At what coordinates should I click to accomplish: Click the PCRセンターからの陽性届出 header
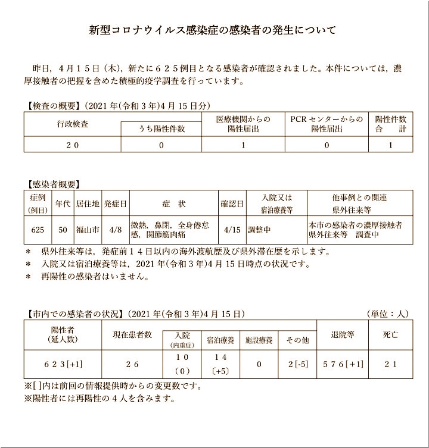point(326,124)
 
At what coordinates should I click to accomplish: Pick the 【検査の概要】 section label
point(53,105)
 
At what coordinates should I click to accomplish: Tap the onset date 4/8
point(115,230)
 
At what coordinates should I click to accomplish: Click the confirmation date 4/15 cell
point(232,230)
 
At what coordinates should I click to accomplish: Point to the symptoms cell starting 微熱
point(172,230)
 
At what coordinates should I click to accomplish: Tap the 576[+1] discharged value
point(342,363)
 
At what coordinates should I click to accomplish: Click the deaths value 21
point(390,363)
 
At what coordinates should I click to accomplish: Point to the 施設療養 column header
point(259,341)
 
